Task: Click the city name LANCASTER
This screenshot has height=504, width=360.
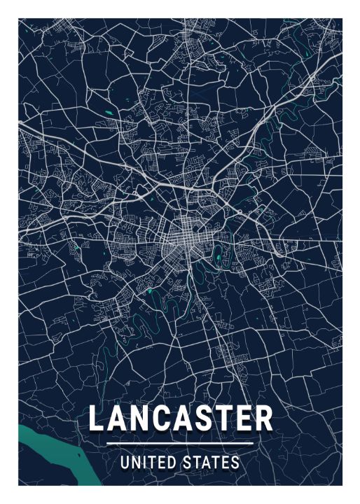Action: pyautogui.click(x=180, y=419)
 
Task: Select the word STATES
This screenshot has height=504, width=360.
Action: pyautogui.click(x=212, y=463)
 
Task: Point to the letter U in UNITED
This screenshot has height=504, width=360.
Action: pyautogui.click(x=125, y=463)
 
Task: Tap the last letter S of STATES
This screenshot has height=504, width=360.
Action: pyautogui.click(x=235, y=463)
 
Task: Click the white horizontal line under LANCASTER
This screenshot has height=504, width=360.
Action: pyautogui.click(x=180, y=444)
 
